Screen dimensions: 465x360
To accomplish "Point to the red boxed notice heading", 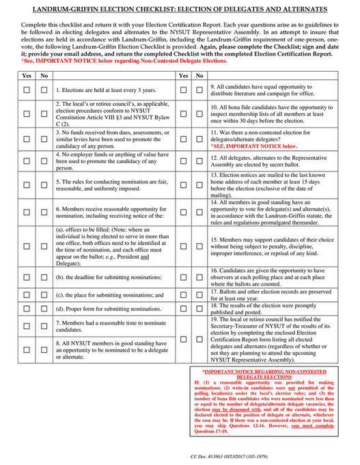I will (271, 374).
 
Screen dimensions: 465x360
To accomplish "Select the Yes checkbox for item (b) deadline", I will (27, 277).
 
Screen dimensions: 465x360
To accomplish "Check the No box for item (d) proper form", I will (44, 309).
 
